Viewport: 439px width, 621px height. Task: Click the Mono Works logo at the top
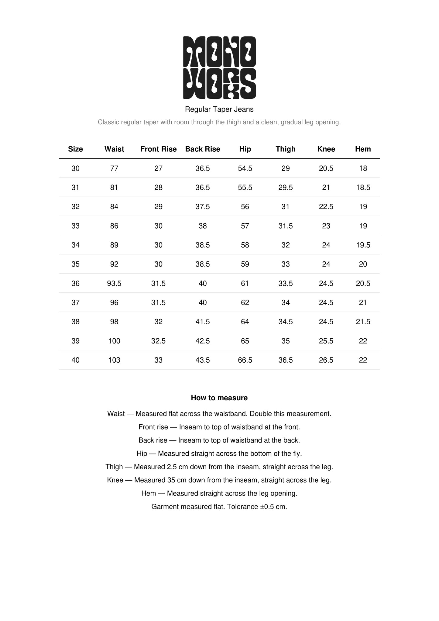tap(219, 67)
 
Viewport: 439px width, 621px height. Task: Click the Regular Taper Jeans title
tap(219, 109)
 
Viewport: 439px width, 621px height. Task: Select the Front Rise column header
tap(158, 149)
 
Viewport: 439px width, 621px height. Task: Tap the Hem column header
tap(363, 149)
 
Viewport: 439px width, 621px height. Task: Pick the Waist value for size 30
tap(114, 168)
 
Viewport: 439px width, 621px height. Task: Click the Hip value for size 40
tap(245, 360)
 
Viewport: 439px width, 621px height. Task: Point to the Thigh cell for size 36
tap(286, 284)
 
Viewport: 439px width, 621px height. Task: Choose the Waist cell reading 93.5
tap(114, 284)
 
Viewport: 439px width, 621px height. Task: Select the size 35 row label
tap(75, 264)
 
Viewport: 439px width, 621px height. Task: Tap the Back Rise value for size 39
tap(203, 341)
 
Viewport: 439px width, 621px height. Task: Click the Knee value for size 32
tap(326, 207)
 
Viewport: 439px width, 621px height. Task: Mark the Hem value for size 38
tap(363, 322)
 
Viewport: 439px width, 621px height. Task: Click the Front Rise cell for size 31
tap(158, 188)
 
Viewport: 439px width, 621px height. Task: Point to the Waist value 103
tap(114, 360)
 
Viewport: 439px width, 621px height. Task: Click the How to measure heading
tap(219, 398)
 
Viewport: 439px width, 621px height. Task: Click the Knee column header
tap(326, 149)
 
